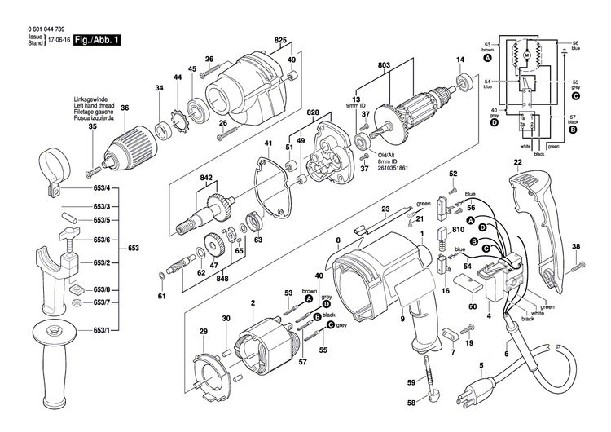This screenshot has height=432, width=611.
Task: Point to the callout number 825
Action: coord(281,41)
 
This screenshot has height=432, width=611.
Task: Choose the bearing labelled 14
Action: coord(467,82)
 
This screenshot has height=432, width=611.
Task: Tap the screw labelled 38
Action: coord(579,263)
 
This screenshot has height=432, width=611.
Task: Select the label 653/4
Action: coord(101,189)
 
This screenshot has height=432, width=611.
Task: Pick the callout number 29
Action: coord(203,331)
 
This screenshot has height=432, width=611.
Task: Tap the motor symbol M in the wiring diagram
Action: coord(527,54)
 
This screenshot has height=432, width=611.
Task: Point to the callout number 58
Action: coord(411,403)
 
